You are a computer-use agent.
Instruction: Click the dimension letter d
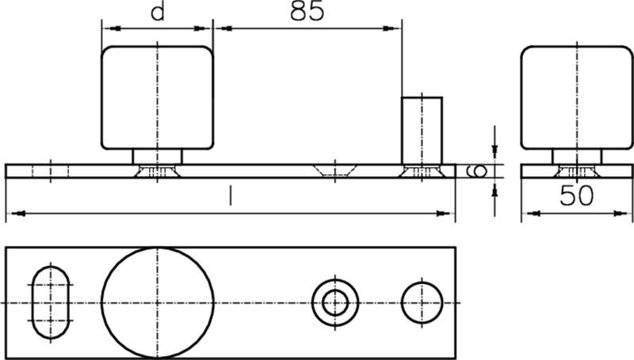click(x=158, y=14)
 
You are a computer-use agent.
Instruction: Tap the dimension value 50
click(x=576, y=196)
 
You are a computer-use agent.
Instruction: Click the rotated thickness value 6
click(x=478, y=171)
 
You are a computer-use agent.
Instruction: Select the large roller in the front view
click(x=158, y=97)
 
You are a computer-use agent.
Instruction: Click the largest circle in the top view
click(x=158, y=303)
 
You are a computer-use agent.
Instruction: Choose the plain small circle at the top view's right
click(x=421, y=303)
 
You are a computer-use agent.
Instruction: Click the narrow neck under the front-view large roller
click(x=158, y=157)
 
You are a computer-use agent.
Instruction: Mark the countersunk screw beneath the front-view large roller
click(x=158, y=171)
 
